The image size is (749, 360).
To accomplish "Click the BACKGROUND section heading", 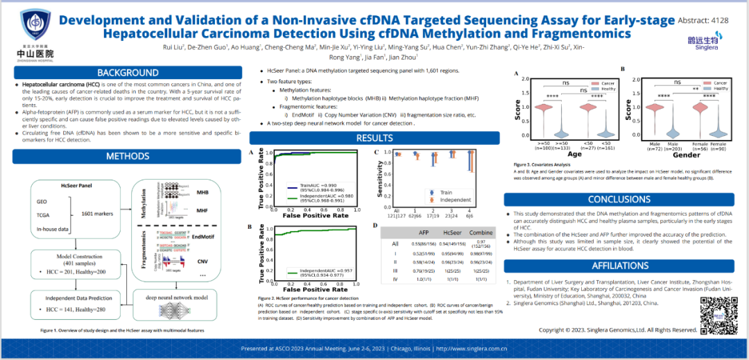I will point(128,73).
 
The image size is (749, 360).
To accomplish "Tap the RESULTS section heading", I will point(374,138).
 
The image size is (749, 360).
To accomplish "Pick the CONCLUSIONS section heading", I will point(620,200).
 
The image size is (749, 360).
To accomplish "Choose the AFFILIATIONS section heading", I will point(620,266).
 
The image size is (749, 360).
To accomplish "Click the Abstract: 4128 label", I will point(707,20).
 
